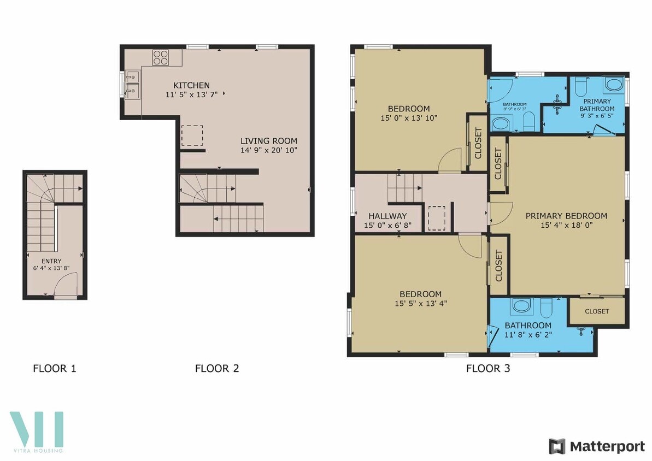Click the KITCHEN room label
click(x=191, y=85)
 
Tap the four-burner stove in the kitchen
click(x=160, y=57)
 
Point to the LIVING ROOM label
click(x=269, y=140)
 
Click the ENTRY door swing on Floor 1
click(x=66, y=284)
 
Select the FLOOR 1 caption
click(x=55, y=369)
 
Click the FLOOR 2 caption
click(x=217, y=369)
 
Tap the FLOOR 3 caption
click(x=488, y=369)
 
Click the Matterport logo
click(x=597, y=446)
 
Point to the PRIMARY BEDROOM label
click(x=566, y=216)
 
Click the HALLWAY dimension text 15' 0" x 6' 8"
click(x=387, y=226)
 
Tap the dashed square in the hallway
click(x=437, y=218)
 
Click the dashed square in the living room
click(x=192, y=135)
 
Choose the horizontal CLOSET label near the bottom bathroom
click(x=597, y=311)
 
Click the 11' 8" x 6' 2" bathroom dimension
click(x=528, y=335)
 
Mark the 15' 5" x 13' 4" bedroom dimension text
click(x=420, y=303)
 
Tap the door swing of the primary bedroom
click(x=500, y=212)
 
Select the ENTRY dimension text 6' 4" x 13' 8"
click(x=51, y=269)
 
